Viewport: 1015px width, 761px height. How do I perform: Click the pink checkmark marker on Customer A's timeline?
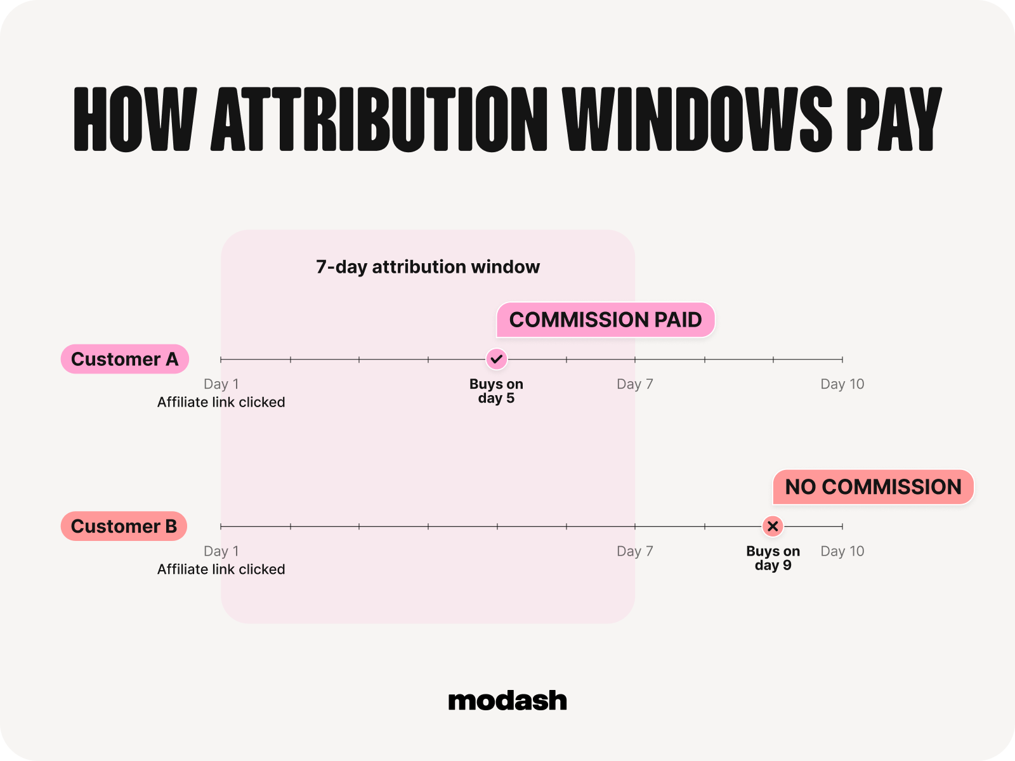pyautogui.click(x=497, y=359)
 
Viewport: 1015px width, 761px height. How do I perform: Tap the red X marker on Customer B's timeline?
pyautogui.click(x=772, y=526)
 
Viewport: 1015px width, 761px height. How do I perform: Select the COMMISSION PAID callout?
pyautogui.click(x=605, y=320)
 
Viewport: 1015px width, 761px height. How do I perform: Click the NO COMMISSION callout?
pyautogui.click(x=873, y=486)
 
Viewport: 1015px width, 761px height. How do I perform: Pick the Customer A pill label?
pyautogui.click(x=125, y=359)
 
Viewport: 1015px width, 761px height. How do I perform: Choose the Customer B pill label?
pyautogui.click(x=124, y=526)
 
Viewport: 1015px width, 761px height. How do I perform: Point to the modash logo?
pyautogui.click(x=507, y=701)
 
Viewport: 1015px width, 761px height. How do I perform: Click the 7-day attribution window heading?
pyautogui.click(x=428, y=267)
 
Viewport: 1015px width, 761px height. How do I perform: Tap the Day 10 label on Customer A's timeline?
pyautogui.click(x=842, y=384)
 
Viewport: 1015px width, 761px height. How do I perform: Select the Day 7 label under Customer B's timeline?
pyautogui.click(x=635, y=551)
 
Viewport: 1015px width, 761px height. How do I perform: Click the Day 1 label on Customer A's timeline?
pyautogui.click(x=221, y=384)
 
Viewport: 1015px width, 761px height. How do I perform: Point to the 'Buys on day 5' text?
pyautogui.click(x=496, y=391)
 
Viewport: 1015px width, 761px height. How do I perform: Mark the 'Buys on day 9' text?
pyautogui.click(x=773, y=557)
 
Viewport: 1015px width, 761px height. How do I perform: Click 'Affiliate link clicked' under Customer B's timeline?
pyautogui.click(x=221, y=569)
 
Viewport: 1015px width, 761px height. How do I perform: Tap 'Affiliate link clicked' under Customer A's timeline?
pyautogui.click(x=221, y=402)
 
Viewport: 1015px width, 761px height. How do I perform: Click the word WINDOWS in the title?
pyautogui.click(x=697, y=119)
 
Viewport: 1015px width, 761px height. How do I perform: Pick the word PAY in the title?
pyautogui.click(x=894, y=119)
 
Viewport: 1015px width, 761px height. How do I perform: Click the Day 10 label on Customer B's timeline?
pyautogui.click(x=842, y=551)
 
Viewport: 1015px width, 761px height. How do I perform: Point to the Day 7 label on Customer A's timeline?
pyautogui.click(x=635, y=384)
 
